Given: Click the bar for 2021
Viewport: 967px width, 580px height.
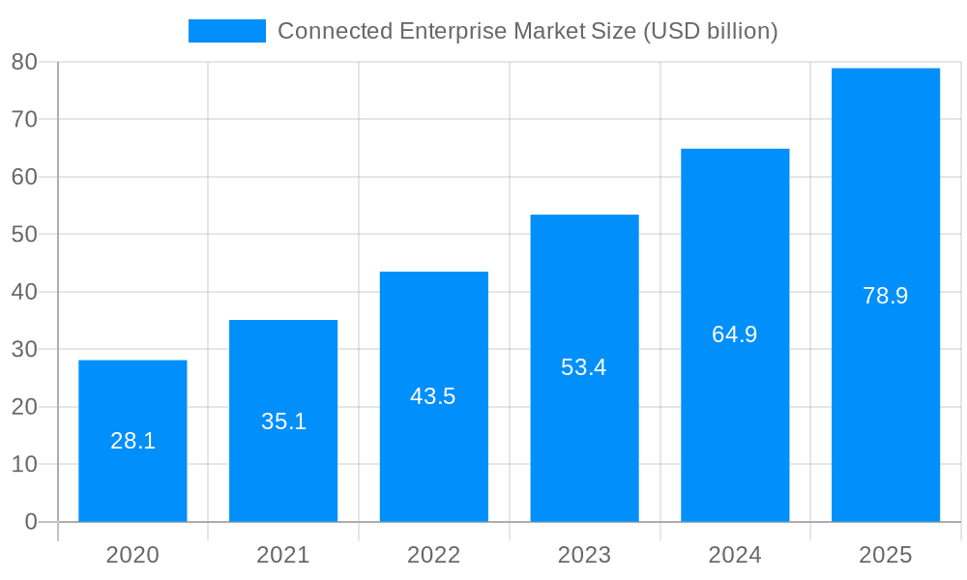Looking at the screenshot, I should pyautogui.click(x=283, y=464).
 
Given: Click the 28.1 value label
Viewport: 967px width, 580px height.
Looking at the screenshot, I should pyautogui.click(x=132, y=441).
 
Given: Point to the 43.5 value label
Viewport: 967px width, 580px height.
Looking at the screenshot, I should pyautogui.click(x=433, y=396).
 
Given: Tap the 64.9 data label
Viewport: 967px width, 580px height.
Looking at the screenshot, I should pyautogui.click(x=735, y=334).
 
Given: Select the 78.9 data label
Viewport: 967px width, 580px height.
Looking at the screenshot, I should pyautogui.click(x=886, y=296).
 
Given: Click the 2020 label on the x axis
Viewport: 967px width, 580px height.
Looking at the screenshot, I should pyautogui.click(x=132, y=555).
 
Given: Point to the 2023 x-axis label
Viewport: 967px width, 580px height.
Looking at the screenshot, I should pyautogui.click(x=584, y=555).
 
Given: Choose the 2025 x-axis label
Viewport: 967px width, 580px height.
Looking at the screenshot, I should pyautogui.click(x=886, y=555).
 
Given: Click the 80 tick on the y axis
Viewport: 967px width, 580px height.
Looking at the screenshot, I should pyautogui.click(x=24, y=62).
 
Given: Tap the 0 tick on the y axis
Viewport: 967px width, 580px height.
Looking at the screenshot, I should pyautogui.click(x=30, y=522).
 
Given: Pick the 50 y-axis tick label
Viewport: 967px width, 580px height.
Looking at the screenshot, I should pyautogui.click(x=24, y=234).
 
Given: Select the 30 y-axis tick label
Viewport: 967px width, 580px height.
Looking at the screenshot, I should pyautogui.click(x=24, y=349).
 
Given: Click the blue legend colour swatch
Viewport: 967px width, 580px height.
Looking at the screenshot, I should pyautogui.click(x=227, y=31).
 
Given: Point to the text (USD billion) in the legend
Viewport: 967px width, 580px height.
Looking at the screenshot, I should pyautogui.click(x=709, y=31).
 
